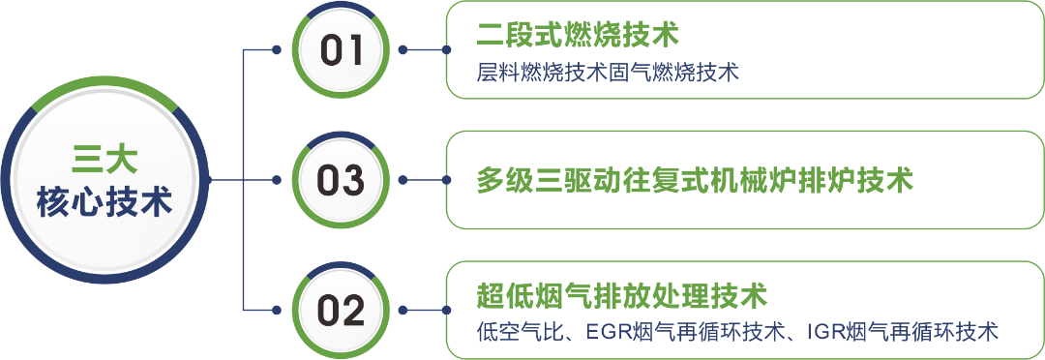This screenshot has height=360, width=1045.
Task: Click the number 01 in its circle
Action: tap(342, 50)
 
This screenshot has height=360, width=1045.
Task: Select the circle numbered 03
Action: tap(342, 180)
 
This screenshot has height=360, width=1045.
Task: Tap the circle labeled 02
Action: tap(342, 311)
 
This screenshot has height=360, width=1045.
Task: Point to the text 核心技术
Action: tap(104, 203)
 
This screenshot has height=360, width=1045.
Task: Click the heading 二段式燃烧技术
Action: tap(578, 37)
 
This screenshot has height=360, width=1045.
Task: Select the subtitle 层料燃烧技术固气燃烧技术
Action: tap(608, 73)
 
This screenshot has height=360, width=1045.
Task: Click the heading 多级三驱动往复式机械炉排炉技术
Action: tap(695, 180)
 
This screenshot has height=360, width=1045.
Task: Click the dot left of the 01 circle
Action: tap(277, 50)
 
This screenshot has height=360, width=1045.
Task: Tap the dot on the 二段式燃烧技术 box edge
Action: tap(446, 50)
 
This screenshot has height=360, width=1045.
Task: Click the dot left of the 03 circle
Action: tap(277, 180)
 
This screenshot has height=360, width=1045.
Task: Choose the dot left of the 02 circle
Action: tap(277, 311)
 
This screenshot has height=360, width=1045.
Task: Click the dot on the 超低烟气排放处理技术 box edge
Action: tap(446, 311)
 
